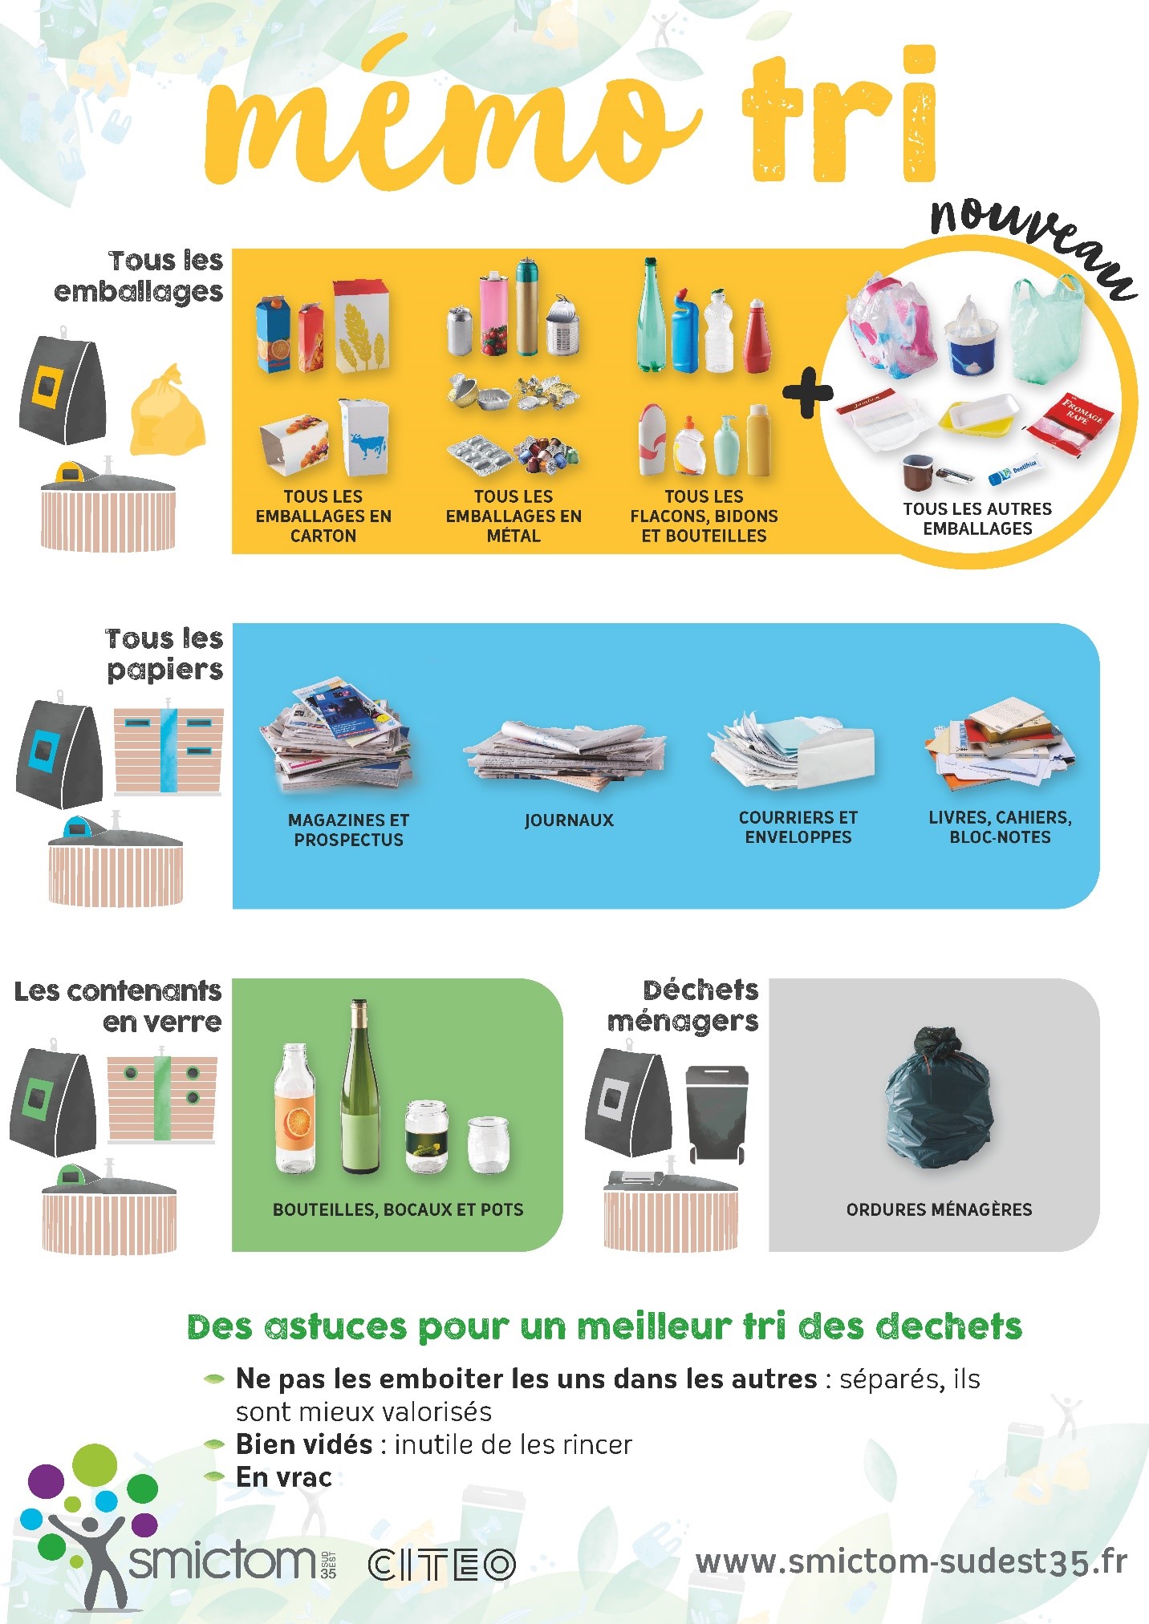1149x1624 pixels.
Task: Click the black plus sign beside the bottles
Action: [x=807, y=393]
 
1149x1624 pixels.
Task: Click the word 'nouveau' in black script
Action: [x=1031, y=241]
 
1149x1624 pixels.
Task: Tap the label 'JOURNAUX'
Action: [x=569, y=820]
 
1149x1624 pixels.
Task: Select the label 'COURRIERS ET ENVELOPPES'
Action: [x=798, y=827]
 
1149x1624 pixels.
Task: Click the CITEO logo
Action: [x=441, y=1565]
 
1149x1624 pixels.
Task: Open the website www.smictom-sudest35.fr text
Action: [x=911, y=1561]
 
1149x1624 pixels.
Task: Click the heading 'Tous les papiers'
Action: [x=164, y=654]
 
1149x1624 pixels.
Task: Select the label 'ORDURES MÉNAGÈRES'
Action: [x=939, y=1209]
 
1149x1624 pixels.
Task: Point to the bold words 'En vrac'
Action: [x=283, y=1477]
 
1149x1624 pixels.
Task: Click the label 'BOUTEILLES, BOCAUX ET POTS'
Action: [x=398, y=1209]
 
